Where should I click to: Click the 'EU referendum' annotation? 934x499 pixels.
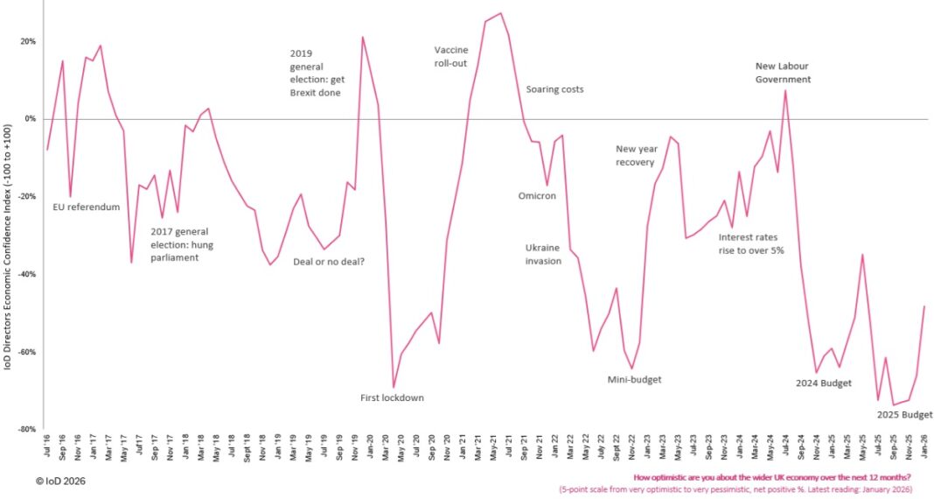87,207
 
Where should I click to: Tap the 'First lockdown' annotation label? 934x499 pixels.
392,398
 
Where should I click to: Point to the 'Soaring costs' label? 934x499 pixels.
554,89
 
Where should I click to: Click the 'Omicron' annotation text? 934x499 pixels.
537,196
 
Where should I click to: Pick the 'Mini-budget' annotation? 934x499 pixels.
634,380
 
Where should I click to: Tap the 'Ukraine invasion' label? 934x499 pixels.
543,254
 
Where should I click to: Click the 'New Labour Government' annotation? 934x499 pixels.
784,72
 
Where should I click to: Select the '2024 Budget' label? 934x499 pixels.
824,383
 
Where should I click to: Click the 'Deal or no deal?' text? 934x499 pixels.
329,262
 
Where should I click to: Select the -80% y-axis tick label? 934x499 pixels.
26,430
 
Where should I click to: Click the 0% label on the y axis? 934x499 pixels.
30,119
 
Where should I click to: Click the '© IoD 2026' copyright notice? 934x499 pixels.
60,481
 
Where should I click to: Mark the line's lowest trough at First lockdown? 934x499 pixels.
394,387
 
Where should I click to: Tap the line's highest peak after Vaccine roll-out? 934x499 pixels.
500,13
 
